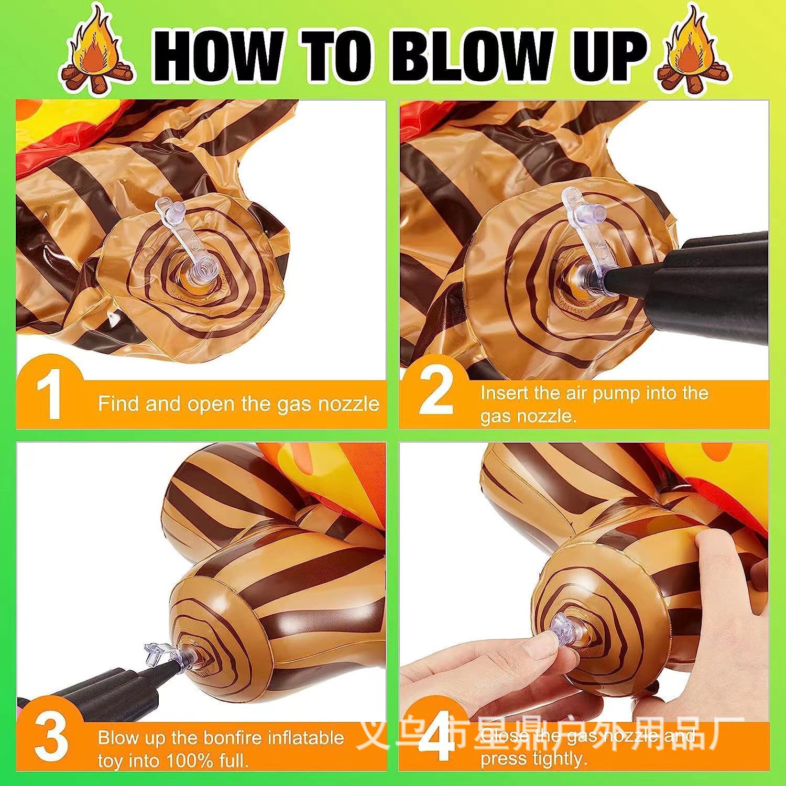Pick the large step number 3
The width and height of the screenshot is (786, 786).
coord(51,738)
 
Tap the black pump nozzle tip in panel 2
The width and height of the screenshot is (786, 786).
coord(616,276)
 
